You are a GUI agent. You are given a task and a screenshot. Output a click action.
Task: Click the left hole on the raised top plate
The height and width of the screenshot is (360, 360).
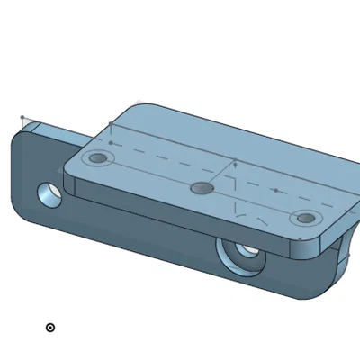pos(98,159)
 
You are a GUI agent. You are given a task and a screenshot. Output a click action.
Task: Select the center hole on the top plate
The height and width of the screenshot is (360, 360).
pos(202,188)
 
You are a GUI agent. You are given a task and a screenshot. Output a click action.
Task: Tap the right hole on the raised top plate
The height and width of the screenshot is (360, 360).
pos(306,218)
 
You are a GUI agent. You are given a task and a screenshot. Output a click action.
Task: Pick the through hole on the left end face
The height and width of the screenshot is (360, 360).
pos(49,193)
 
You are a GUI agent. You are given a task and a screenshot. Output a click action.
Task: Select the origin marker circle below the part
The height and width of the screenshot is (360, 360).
pos(50,328)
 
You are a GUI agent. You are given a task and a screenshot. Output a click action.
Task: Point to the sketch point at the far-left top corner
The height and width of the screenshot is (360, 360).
pos(22,117)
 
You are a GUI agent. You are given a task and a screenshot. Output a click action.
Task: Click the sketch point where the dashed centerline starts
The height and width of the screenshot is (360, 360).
pos(111,142)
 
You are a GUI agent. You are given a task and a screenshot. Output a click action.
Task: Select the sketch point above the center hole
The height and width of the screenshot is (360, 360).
pos(235,164)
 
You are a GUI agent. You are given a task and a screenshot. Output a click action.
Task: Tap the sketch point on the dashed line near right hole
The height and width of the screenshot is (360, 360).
pos(275,190)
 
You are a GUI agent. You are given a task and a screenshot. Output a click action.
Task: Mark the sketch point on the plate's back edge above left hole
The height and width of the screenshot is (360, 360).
pos(111,123)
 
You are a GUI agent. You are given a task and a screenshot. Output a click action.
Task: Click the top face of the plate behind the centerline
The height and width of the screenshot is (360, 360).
pos(207,135)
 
